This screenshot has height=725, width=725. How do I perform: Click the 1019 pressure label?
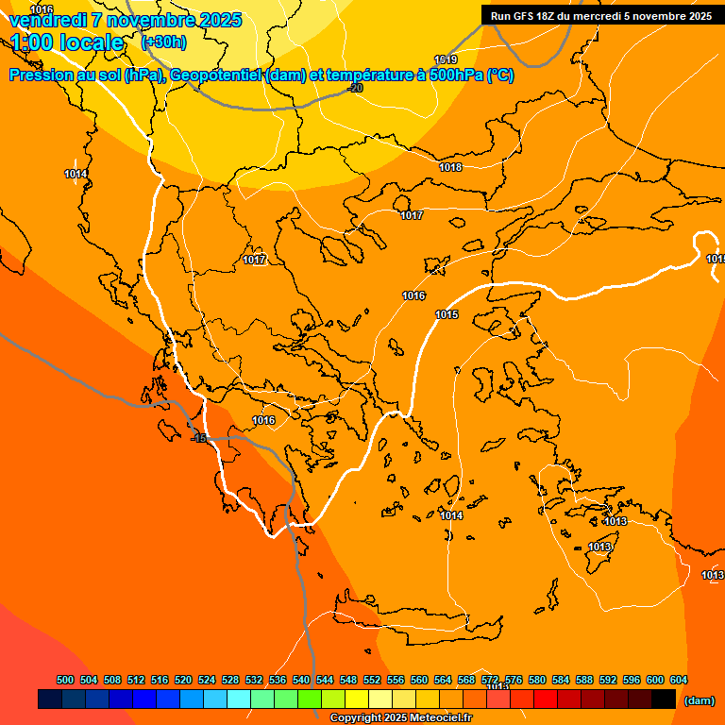446,59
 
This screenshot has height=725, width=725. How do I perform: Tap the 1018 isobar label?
450,167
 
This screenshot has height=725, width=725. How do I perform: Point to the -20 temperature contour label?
355,88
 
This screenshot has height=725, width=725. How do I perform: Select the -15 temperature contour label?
198,439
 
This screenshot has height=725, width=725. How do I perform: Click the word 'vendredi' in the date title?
47,20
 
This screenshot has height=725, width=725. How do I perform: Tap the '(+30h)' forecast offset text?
163,42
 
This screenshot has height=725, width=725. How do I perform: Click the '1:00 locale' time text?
68,42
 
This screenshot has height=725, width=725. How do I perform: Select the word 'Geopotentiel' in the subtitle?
217,76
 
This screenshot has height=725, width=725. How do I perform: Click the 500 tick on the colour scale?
65,680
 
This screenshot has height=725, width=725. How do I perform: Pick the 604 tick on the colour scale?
679,680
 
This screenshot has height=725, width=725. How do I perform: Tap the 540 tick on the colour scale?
301,680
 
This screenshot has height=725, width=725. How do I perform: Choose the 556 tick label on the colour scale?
396,680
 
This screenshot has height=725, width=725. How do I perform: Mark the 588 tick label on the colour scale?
584,680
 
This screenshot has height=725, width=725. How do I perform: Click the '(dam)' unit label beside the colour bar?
699,700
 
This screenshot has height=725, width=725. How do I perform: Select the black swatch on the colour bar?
664,700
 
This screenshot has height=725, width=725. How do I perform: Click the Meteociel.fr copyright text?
400,717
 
